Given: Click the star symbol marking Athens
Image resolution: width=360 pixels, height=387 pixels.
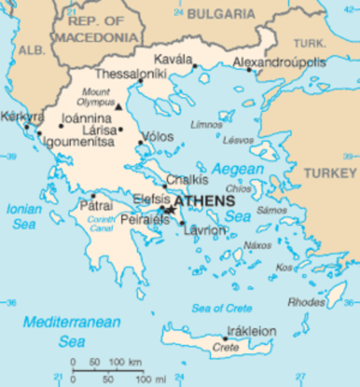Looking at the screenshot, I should (x=169, y=210).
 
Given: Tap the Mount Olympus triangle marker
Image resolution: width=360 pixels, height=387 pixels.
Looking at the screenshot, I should (x=118, y=106).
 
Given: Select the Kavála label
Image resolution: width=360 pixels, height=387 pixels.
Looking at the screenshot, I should (x=175, y=60).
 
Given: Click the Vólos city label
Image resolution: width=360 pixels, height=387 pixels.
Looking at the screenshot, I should (x=156, y=137).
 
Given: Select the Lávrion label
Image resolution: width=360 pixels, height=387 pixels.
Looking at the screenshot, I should (x=205, y=230).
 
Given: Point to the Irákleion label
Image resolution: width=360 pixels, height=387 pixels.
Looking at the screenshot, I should (x=251, y=331).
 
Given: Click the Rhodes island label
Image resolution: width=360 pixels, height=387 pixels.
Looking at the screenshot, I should (x=307, y=302).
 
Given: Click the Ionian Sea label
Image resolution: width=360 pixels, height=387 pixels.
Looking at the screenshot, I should (x=23, y=214).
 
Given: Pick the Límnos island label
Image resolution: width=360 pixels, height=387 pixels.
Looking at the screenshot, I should (x=206, y=126).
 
